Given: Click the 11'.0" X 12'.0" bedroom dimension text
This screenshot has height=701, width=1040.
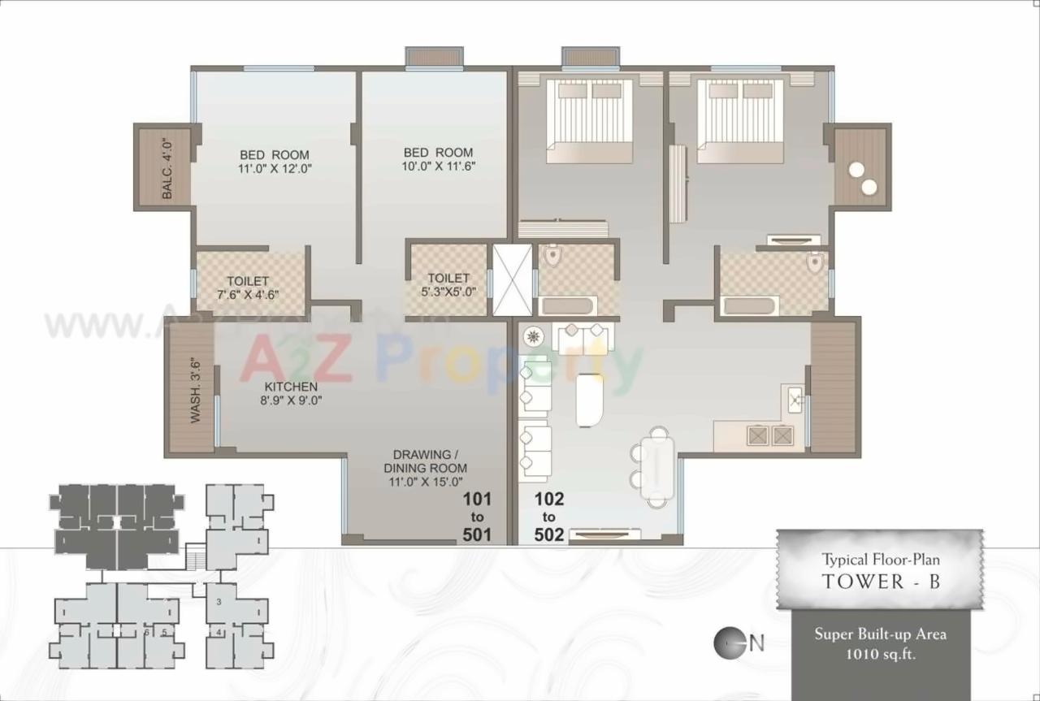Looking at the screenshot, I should pyautogui.click(x=275, y=169).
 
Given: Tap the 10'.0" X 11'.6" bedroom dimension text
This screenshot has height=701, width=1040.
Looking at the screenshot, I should pyautogui.click(x=439, y=166).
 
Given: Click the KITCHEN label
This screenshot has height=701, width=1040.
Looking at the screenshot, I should pyautogui.click(x=290, y=386).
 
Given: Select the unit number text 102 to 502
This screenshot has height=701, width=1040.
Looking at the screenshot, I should pyautogui.click(x=549, y=517).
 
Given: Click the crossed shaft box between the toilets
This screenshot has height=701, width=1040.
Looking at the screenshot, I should pyautogui.click(x=513, y=279).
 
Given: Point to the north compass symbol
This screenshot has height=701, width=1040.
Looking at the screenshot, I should pyautogui.click(x=728, y=643).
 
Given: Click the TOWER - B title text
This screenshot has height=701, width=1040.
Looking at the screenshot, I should pyautogui.click(x=881, y=581).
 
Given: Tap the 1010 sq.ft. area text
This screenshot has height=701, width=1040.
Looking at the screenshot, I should pyautogui.click(x=881, y=653).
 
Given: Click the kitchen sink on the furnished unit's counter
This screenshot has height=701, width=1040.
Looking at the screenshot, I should pyautogui.click(x=794, y=399).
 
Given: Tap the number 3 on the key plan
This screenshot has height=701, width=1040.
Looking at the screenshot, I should pyautogui.click(x=219, y=602).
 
